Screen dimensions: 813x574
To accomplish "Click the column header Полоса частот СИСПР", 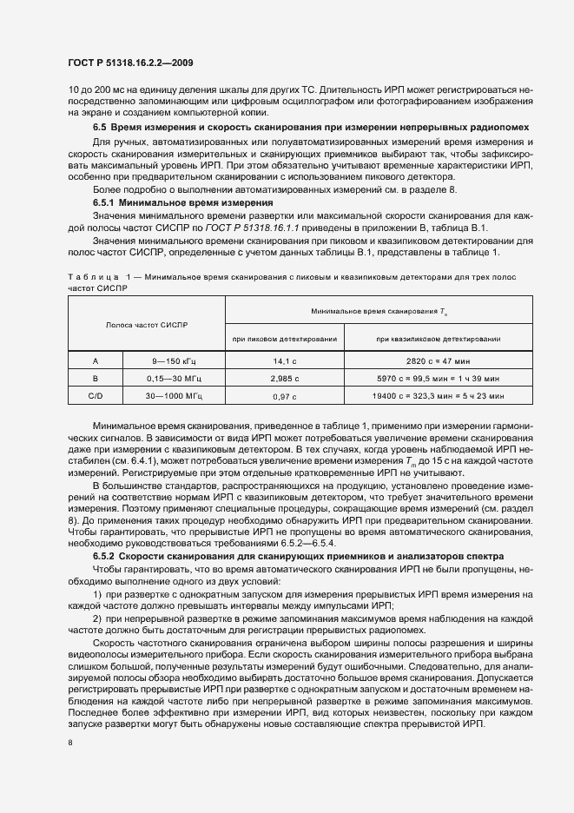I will (x=147, y=324).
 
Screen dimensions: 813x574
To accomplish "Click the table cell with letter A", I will (x=95, y=360).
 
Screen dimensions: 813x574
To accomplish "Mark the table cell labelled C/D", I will (x=95, y=396).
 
